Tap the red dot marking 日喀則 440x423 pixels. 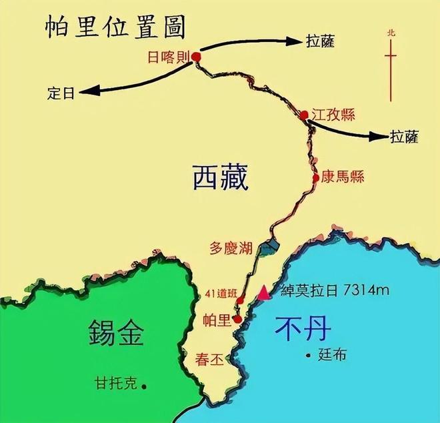click(196, 57)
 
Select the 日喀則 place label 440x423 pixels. click(167, 57)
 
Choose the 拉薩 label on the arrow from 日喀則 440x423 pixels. click(319, 41)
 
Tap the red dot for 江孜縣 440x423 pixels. click(304, 115)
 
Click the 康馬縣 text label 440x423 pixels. click(342, 177)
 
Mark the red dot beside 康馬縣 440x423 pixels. click(316, 178)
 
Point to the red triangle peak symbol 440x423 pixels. click(265, 292)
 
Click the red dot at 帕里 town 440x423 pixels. click(237, 319)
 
